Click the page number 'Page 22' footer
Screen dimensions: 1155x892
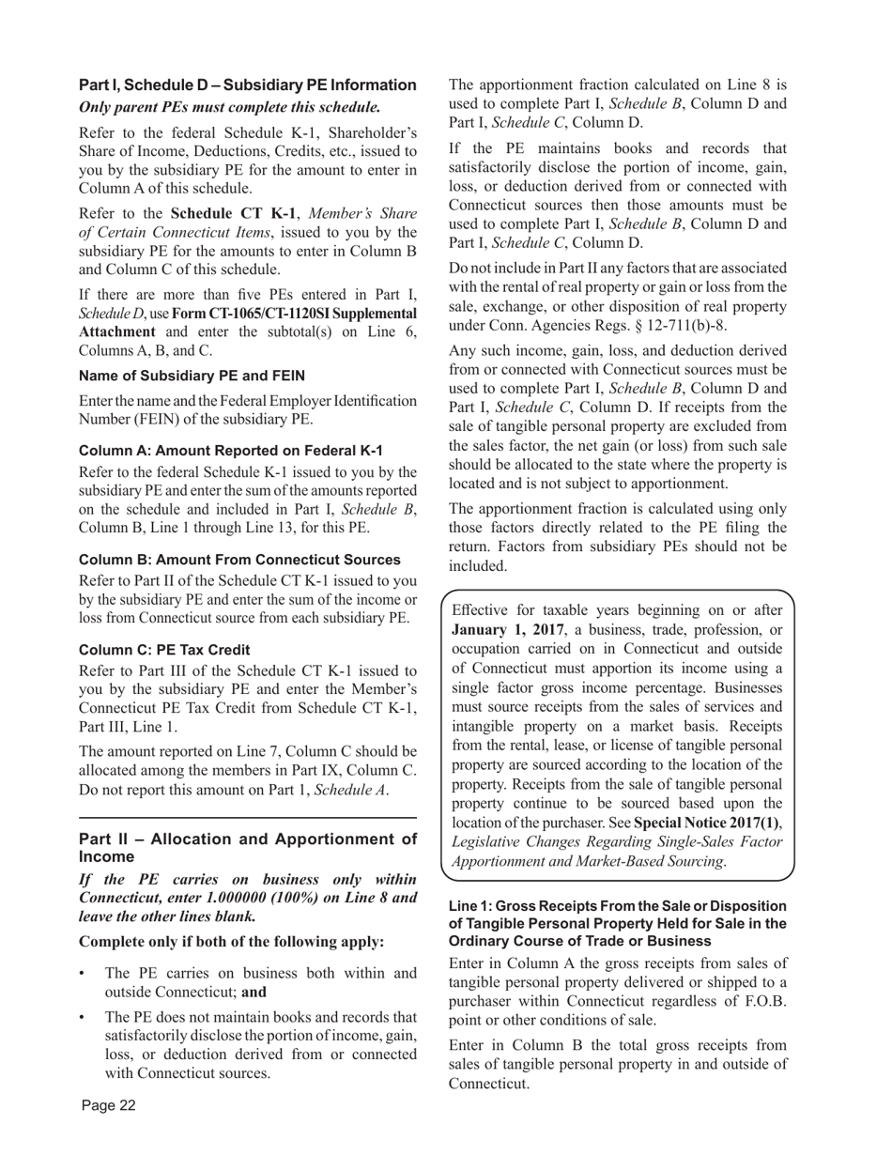pyautogui.click(x=109, y=1105)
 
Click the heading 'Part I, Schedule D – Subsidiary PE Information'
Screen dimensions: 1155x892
pyautogui.click(x=248, y=85)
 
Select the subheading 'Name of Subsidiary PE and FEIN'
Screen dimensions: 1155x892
pyautogui.click(x=192, y=376)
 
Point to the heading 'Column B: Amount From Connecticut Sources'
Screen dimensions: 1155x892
pyautogui.click(x=239, y=560)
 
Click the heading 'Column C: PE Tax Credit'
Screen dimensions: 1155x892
pyautogui.click(x=164, y=650)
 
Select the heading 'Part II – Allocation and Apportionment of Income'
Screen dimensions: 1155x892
pyautogui.click(x=248, y=848)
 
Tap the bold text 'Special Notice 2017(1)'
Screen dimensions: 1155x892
pyautogui.click(x=706, y=823)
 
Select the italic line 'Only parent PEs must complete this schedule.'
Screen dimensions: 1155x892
pyautogui.click(x=230, y=107)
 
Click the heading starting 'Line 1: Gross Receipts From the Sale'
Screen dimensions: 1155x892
pyautogui.click(x=618, y=923)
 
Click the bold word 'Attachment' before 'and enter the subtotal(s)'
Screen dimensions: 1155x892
pyautogui.click(x=117, y=331)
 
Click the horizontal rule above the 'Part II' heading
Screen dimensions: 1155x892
pyautogui.click(x=248, y=818)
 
